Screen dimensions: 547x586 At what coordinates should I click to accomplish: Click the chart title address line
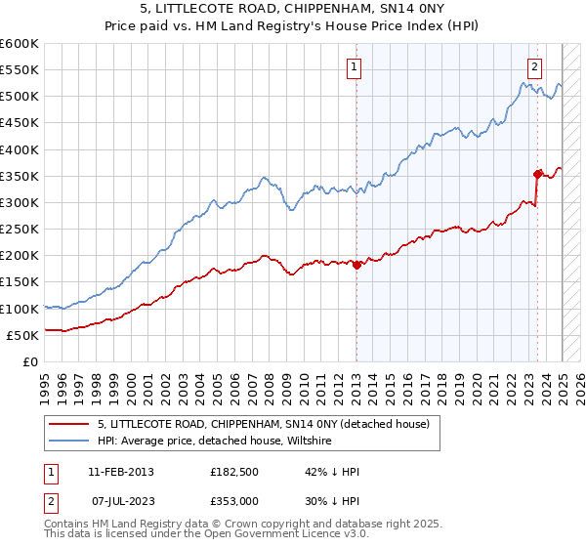pos(294,10)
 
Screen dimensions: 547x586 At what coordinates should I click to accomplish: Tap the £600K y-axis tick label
pos(20,44)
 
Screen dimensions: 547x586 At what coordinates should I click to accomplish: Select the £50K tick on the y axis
pos(22,335)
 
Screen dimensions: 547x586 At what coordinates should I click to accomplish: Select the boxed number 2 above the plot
pos(534,67)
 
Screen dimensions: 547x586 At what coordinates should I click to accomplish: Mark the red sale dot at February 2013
pos(356,265)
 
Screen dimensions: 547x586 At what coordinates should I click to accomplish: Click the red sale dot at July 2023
pos(538,174)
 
